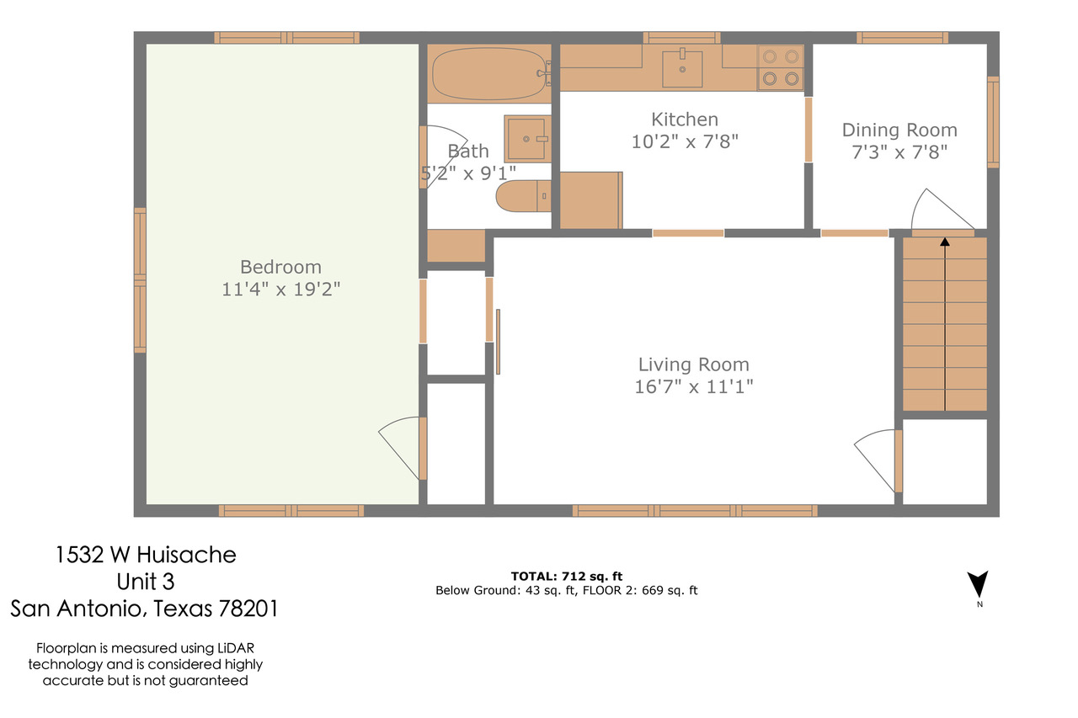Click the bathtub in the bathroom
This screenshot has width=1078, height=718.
(x=489, y=73)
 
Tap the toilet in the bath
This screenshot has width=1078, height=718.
(x=524, y=196)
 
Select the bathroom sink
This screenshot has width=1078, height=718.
(x=527, y=139)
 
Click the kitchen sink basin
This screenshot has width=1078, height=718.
(x=682, y=69)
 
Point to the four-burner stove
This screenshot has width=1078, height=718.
(x=780, y=68)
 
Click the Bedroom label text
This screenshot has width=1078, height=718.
(x=280, y=267)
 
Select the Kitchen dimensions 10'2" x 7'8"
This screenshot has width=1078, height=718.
(x=685, y=142)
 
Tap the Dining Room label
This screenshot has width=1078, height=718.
(x=899, y=130)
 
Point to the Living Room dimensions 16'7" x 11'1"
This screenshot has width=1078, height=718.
(x=693, y=386)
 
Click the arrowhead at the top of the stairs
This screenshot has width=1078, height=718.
(x=945, y=242)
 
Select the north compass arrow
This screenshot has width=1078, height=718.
(x=978, y=584)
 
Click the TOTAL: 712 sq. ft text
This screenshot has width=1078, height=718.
(x=567, y=576)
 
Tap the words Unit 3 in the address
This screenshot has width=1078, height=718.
(x=146, y=582)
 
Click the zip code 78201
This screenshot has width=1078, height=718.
(x=248, y=609)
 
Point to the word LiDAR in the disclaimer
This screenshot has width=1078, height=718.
(x=235, y=648)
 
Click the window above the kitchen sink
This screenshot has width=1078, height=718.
(x=682, y=38)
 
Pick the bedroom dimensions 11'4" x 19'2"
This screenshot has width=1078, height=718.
(x=280, y=290)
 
